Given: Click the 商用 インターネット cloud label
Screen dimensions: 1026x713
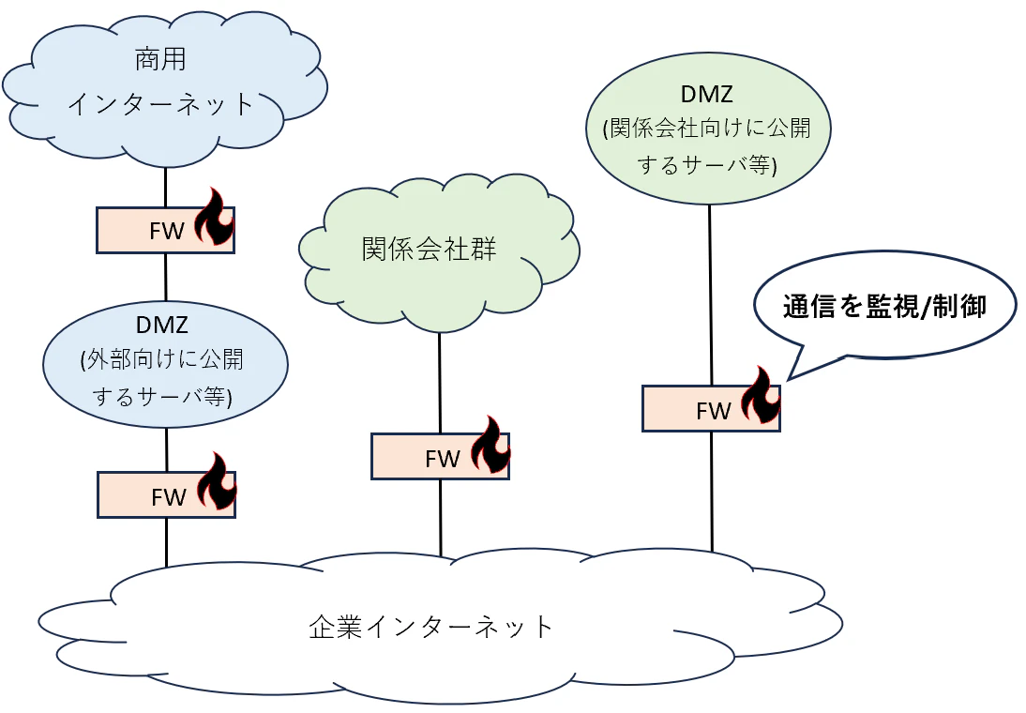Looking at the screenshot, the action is point(161,82).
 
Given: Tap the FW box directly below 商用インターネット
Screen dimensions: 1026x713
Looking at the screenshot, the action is point(166,231).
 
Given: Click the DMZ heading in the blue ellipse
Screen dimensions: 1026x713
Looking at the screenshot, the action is point(162,325).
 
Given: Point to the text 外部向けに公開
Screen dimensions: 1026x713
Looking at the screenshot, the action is point(162,359).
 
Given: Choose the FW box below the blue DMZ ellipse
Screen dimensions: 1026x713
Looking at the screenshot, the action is point(166,495).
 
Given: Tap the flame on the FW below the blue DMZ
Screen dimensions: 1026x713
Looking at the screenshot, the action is point(217,481).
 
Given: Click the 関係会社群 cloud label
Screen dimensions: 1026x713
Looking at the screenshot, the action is point(429,249).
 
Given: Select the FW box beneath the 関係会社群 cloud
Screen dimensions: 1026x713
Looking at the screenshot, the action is point(441,456).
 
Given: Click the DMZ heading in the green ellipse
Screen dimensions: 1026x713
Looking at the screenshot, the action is point(707,94).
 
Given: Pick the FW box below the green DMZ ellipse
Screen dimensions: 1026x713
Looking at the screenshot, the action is point(711,408).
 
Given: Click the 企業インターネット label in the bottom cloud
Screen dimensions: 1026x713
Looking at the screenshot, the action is point(431,627).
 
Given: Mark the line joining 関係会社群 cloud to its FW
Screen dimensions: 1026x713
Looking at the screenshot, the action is point(440,383).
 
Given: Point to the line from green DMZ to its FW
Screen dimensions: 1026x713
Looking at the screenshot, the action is point(711,296).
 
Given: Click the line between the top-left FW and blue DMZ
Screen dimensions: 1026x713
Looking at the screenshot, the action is point(166,277).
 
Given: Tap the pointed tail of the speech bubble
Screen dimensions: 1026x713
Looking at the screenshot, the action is point(787,379).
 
